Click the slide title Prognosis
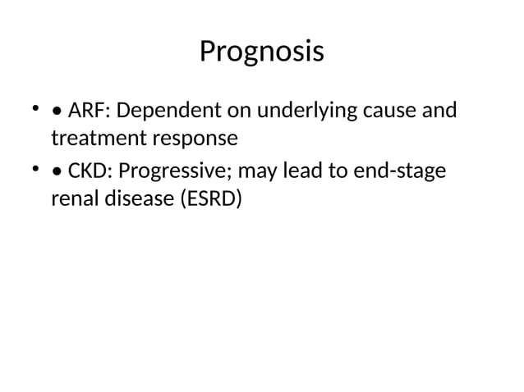pos(261,52)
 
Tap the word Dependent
pos(159,110)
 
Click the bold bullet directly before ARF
pos(56,111)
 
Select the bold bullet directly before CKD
pos(56,173)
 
